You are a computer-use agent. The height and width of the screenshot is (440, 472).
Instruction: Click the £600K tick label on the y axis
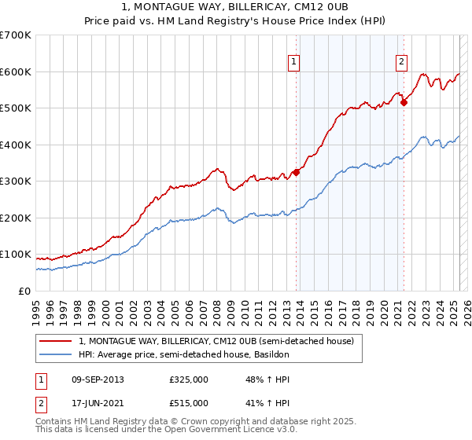[x=16, y=71]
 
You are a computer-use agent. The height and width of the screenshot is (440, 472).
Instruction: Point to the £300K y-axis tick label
[x=16, y=181]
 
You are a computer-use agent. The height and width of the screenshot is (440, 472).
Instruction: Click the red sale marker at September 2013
[x=296, y=172]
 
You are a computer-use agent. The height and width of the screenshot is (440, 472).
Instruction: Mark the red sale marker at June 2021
[x=404, y=101]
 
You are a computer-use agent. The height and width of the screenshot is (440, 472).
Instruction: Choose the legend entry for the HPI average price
[x=184, y=355]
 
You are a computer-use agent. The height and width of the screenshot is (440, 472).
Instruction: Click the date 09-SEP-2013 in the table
[x=98, y=379]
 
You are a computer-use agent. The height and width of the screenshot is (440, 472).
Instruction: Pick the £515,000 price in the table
[x=189, y=403]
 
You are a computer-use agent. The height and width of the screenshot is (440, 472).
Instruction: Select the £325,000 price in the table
[x=189, y=379]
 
